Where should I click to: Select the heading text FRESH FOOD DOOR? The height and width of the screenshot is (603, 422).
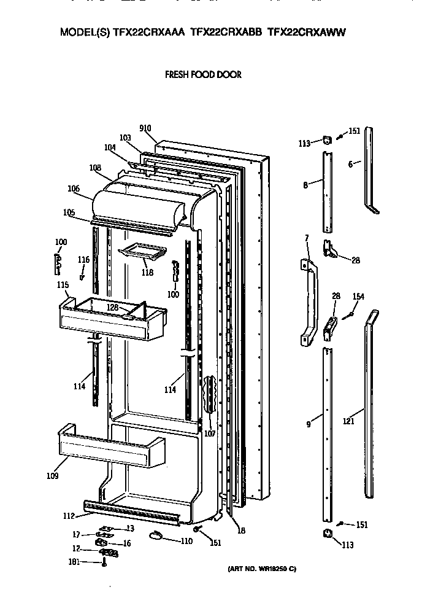pyautogui.click(x=203, y=75)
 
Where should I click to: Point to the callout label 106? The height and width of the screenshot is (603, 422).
pyautogui.click(x=74, y=189)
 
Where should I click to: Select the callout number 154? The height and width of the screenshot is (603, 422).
pyautogui.click(x=358, y=297)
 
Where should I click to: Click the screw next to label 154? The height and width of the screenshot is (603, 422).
pyautogui.click(x=350, y=314)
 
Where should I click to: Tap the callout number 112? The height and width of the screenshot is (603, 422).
pyautogui.click(x=69, y=515)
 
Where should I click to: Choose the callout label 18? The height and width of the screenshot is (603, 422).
pyautogui.click(x=241, y=530)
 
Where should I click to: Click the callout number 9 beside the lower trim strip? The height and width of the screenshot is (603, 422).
pyautogui.click(x=309, y=424)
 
